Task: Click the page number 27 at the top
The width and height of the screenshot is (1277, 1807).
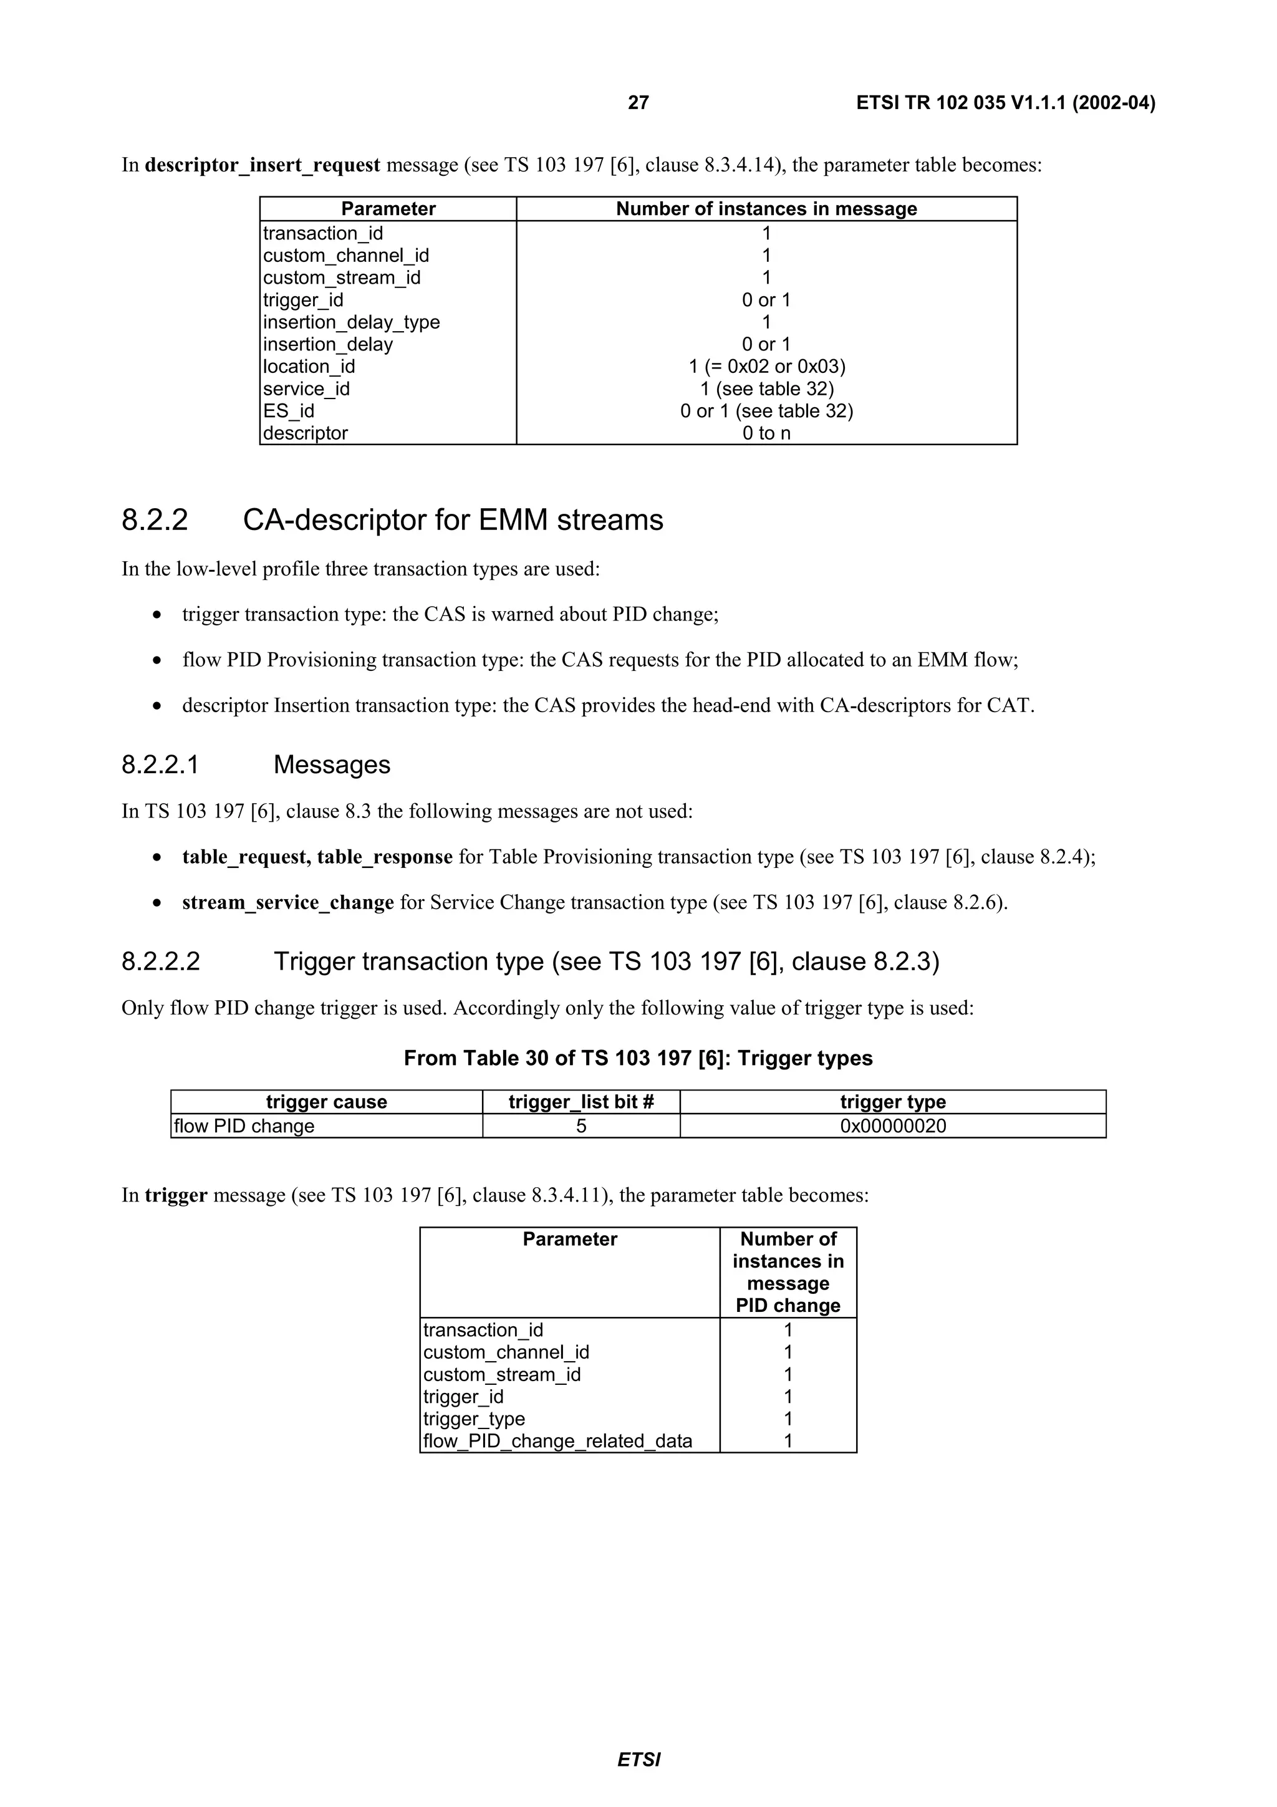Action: pos(638,103)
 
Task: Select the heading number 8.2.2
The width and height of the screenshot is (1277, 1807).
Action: pos(155,520)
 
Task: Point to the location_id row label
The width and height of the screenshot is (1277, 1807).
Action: pos(309,367)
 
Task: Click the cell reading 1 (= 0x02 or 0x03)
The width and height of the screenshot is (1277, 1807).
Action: pos(766,367)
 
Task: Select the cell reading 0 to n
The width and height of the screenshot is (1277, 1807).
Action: pos(766,433)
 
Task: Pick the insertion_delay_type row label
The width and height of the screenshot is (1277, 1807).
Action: pos(351,322)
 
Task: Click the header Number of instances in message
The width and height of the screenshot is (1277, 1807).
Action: pos(766,208)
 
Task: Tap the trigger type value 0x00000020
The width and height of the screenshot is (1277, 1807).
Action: pos(892,1125)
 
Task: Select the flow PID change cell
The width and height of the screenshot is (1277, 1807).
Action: pos(244,1125)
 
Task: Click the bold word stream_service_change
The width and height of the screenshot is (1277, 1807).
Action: pos(288,902)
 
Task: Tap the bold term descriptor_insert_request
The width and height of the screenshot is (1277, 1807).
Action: pos(262,165)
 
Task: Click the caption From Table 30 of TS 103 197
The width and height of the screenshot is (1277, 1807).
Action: pos(638,1058)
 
